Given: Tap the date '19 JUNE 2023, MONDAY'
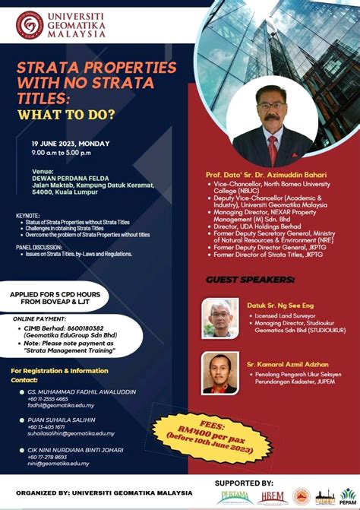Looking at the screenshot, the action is pyautogui.click(x=71, y=144).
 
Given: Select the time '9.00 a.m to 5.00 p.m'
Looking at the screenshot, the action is pyautogui.click(x=71, y=152).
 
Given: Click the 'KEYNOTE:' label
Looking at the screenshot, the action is pyautogui.click(x=28, y=216).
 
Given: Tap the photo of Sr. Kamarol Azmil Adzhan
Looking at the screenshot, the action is pyautogui.click(x=221, y=372).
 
